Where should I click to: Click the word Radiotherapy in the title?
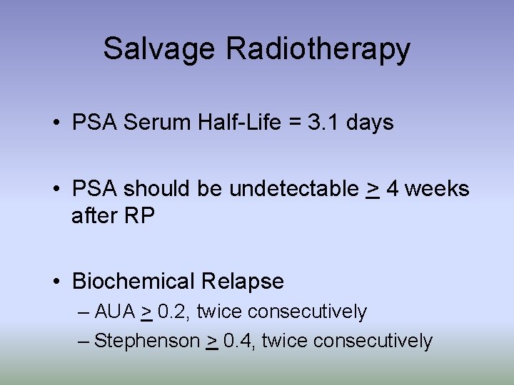click(318, 49)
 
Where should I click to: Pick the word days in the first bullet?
click(370, 123)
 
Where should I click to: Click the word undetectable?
click(294, 189)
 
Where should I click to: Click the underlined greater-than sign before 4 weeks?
click(372, 190)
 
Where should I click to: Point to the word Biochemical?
click(133, 282)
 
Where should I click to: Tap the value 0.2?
click(174, 312)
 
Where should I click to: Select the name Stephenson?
click(147, 342)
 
